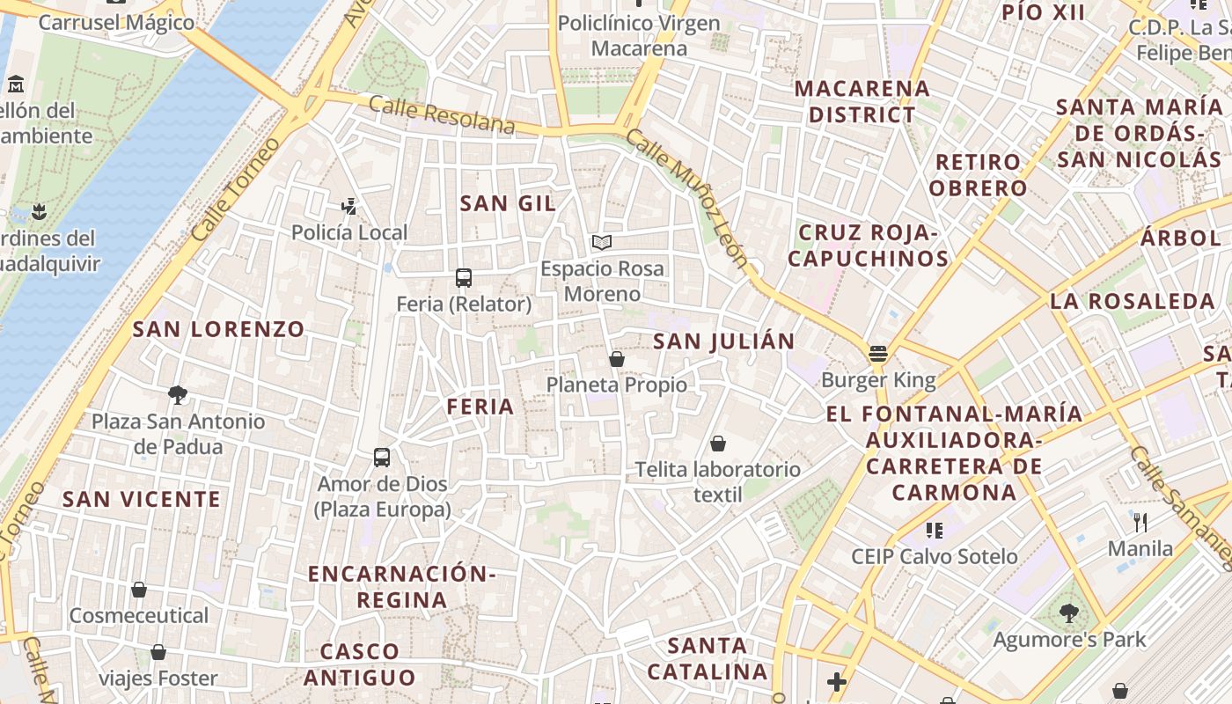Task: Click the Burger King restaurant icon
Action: coord(877,354)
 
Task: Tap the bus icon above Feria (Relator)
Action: coord(464,278)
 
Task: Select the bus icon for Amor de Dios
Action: coord(381,458)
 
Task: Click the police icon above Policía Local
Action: coord(349,207)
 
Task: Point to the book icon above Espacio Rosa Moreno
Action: coord(602,242)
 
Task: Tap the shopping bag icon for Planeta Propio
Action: coord(617,359)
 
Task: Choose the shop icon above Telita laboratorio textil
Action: coord(718,444)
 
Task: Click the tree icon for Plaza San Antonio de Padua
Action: coord(178,395)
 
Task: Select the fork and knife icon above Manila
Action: coord(1140,523)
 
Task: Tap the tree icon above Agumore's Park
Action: coord(1069,613)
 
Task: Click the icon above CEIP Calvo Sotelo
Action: coord(935,530)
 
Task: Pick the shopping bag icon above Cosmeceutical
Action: coord(139,590)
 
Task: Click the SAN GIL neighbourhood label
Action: coord(508,203)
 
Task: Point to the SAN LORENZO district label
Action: coord(218,329)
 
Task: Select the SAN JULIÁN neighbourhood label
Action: coord(723,341)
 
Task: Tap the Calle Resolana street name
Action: coord(442,115)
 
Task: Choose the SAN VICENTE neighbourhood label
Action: coord(141,499)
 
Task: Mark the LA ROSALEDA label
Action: coord(1132,301)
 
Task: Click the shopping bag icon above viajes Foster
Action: coord(158,652)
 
